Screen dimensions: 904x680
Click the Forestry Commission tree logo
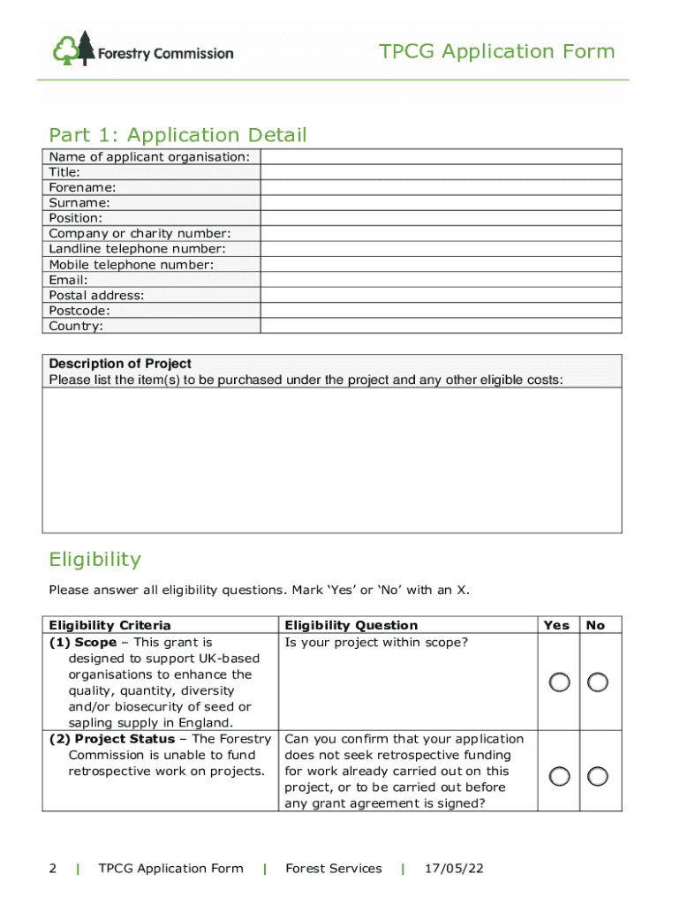coord(74,49)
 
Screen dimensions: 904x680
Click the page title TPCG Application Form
coord(497,52)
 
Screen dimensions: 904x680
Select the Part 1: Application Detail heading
coord(178,135)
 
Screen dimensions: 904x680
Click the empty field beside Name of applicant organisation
coord(441,157)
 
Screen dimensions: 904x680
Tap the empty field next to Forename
coord(441,188)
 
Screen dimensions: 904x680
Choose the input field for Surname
coord(441,203)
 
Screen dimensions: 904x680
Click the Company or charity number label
coord(140,234)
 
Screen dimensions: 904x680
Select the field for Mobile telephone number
coord(441,265)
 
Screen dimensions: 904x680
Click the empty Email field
coord(441,280)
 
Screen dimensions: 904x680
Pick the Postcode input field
coord(441,311)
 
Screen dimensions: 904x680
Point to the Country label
coord(76,327)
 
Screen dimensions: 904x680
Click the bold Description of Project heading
coord(120,364)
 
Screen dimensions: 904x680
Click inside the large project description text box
coord(332,460)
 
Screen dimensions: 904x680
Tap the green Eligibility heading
coord(94,560)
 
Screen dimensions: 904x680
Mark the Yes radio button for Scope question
coord(558,682)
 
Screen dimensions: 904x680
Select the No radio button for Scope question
coord(598,682)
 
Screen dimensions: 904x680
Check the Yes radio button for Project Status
coord(558,776)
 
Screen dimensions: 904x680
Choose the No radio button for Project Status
coord(598,776)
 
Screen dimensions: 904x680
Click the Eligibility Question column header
coord(351,625)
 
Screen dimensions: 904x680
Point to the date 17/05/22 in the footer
coord(453,869)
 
